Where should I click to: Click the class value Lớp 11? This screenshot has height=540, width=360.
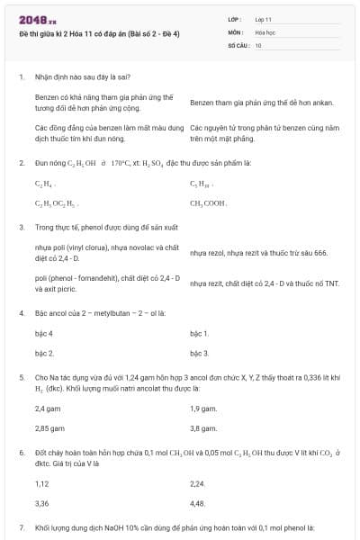(263, 18)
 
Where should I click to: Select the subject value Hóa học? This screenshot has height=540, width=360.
(265, 31)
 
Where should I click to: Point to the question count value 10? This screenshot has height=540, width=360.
(258, 44)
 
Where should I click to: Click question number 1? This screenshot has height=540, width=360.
(21, 77)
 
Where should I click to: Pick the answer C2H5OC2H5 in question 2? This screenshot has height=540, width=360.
(56, 204)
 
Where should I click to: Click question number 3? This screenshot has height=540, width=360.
(21, 228)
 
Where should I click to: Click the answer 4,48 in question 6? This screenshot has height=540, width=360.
(199, 503)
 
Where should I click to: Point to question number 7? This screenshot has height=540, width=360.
(21, 526)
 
